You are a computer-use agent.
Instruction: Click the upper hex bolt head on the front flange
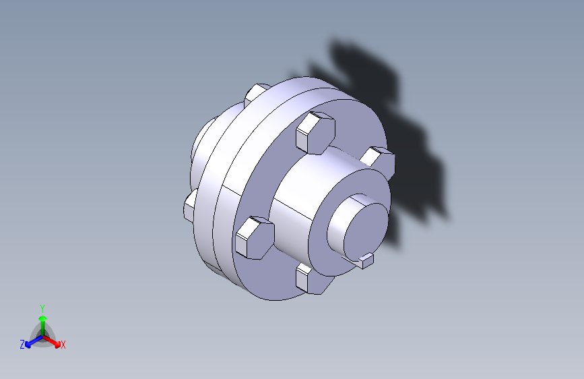pos(315,132)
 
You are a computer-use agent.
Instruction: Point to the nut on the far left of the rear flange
pos(189,206)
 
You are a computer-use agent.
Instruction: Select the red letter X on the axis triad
pos(63,345)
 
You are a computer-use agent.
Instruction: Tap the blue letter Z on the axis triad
pos(22,345)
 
